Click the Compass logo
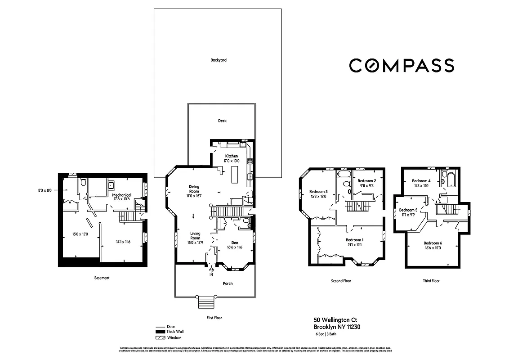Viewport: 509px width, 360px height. click(402, 65)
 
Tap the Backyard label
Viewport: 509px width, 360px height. click(219, 60)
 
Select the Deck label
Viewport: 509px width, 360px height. click(222, 121)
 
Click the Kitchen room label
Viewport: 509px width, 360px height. click(232, 156)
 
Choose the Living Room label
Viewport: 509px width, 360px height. click(195, 236)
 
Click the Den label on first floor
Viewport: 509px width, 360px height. click(235, 243)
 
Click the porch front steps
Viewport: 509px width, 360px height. click(206, 303)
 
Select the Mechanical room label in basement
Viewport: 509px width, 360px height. click(121, 195)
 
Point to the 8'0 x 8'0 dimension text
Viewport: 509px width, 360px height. click(45, 190)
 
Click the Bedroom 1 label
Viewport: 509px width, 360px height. click(355, 240)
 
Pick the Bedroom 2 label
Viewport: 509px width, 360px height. click(366, 180)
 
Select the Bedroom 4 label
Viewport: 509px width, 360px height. click(421, 181)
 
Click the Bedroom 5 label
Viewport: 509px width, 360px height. click(408, 210)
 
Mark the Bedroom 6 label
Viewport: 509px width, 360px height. click(433, 243)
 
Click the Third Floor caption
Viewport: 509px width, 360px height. click(431, 281)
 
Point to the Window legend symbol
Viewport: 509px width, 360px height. click(161, 337)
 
